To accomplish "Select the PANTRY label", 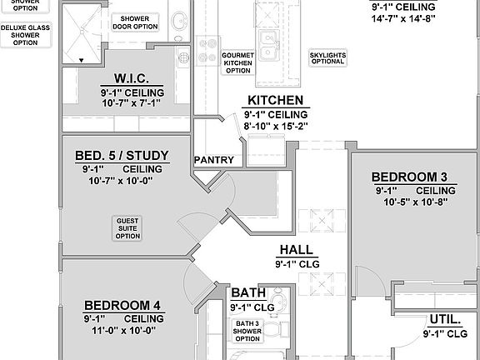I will tap(214, 159).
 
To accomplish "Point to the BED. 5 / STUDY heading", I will tap(122, 155).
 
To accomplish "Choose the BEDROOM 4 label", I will tap(122, 305).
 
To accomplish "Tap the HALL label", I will tap(296, 249).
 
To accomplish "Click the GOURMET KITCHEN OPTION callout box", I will tap(237, 62).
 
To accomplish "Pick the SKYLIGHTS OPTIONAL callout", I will tap(327, 58).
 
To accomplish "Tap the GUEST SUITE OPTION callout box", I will tap(127, 227).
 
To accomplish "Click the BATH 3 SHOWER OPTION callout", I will tap(247, 331).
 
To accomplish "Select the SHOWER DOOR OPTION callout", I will tap(139, 22).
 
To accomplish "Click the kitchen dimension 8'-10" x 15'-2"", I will tap(274, 127).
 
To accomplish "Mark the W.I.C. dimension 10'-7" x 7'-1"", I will tap(133, 104).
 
